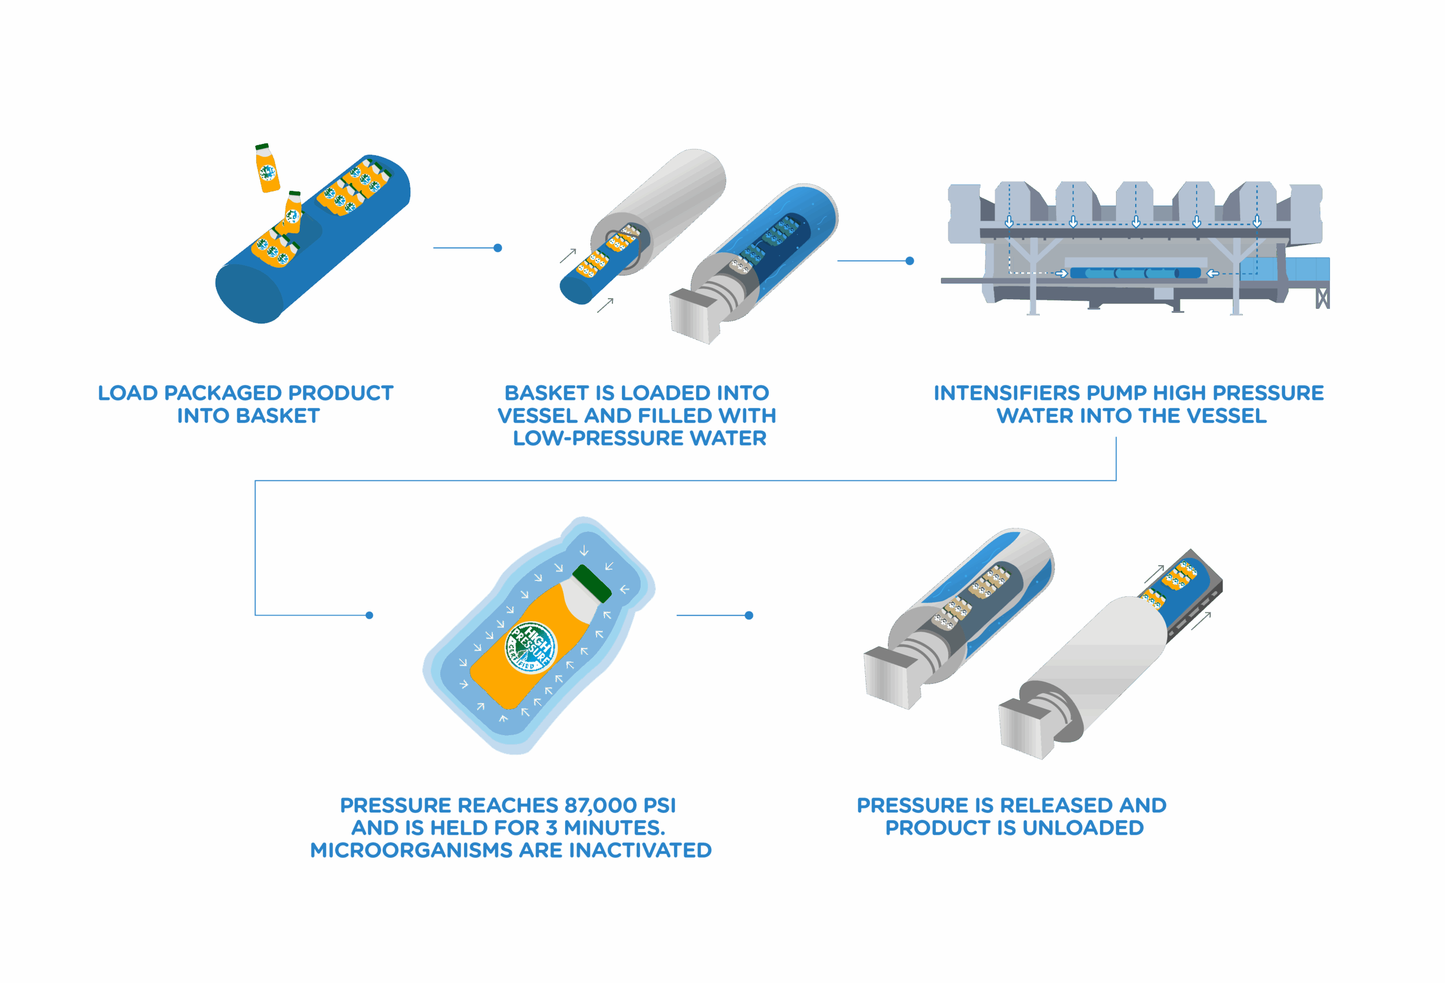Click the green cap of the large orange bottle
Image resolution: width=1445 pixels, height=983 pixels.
click(x=592, y=583)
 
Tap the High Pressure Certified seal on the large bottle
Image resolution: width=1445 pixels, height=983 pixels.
click(x=531, y=647)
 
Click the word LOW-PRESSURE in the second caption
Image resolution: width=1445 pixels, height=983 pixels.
click(x=599, y=438)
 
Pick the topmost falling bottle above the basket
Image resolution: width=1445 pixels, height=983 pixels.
click(x=268, y=168)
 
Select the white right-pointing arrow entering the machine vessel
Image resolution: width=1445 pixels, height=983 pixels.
click(x=1061, y=273)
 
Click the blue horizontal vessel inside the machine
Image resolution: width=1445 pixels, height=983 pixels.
click(x=1135, y=273)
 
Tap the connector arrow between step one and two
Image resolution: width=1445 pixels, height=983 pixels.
click(x=467, y=247)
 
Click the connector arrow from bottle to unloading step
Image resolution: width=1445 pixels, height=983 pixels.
click(x=715, y=615)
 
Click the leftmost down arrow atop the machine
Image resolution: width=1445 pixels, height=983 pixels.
click(x=1009, y=222)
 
